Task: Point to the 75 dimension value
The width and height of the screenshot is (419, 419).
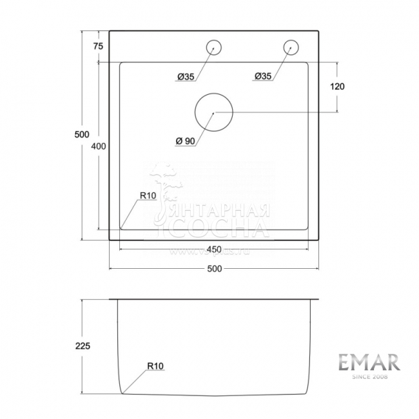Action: point(98,46)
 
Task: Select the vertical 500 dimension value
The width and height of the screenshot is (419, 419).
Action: point(81,134)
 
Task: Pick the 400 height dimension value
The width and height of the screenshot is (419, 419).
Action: point(98,146)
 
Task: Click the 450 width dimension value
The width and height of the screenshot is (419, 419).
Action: point(214,249)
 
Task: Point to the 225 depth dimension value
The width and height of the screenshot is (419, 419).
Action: point(82,346)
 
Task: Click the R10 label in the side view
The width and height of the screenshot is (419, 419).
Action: point(156,366)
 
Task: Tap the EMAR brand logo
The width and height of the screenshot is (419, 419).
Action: point(369,361)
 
